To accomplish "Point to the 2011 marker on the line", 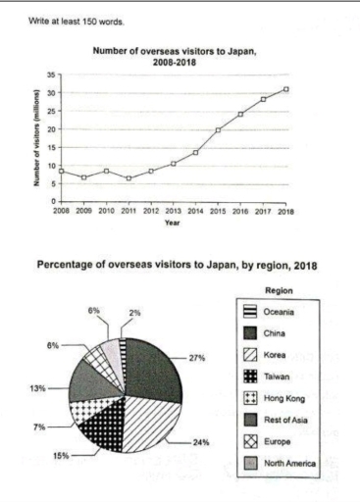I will click(129, 178).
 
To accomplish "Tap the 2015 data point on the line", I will click(217, 130).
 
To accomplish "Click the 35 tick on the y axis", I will click(49, 75).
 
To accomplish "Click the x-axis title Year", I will click(173, 223).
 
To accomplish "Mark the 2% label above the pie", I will click(135, 313).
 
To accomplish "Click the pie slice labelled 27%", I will click(152, 368).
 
